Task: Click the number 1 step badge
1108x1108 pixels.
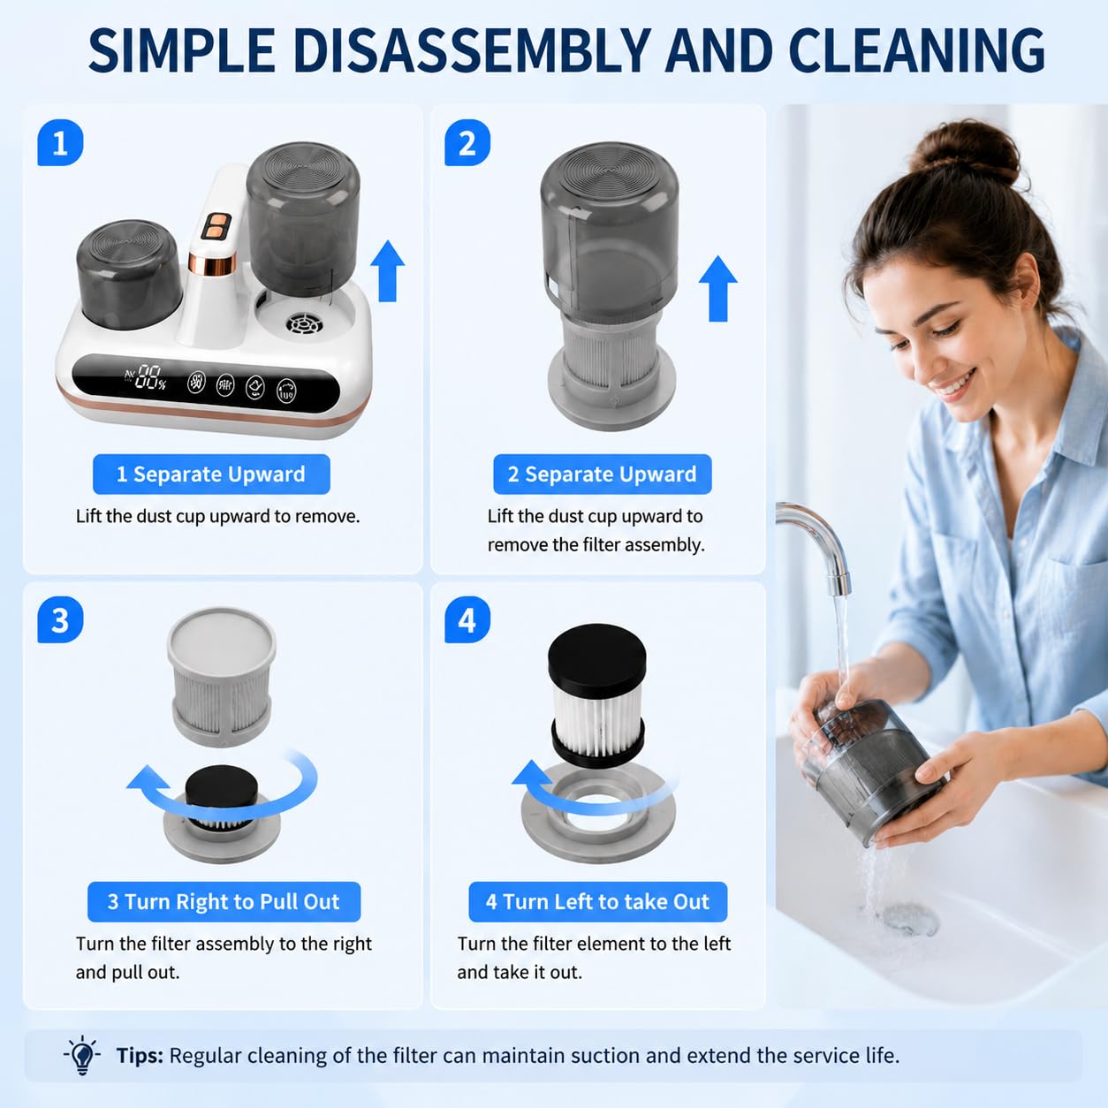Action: pyautogui.click(x=60, y=142)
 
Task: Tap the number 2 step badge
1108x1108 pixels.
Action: pyautogui.click(x=467, y=142)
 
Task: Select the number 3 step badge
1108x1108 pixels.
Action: pyautogui.click(x=60, y=620)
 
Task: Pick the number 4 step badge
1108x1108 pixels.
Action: pyautogui.click(x=467, y=620)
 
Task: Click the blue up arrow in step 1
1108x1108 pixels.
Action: pyautogui.click(x=388, y=271)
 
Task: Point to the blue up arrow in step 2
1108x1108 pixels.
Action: pyautogui.click(x=718, y=288)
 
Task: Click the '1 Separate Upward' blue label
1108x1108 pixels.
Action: pyautogui.click(x=211, y=474)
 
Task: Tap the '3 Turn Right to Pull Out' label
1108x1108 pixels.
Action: pyautogui.click(x=224, y=901)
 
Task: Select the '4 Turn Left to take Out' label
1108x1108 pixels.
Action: pyautogui.click(x=597, y=901)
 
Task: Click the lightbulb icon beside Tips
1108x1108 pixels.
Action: pyautogui.click(x=82, y=1055)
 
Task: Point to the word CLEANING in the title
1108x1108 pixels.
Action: pyautogui.click(x=916, y=50)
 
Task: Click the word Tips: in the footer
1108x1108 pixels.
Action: pyautogui.click(x=140, y=1056)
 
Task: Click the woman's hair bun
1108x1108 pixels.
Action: pyautogui.click(x=965, y=151)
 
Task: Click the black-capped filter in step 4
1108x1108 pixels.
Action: pyautogui.click(x=596, y=695)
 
